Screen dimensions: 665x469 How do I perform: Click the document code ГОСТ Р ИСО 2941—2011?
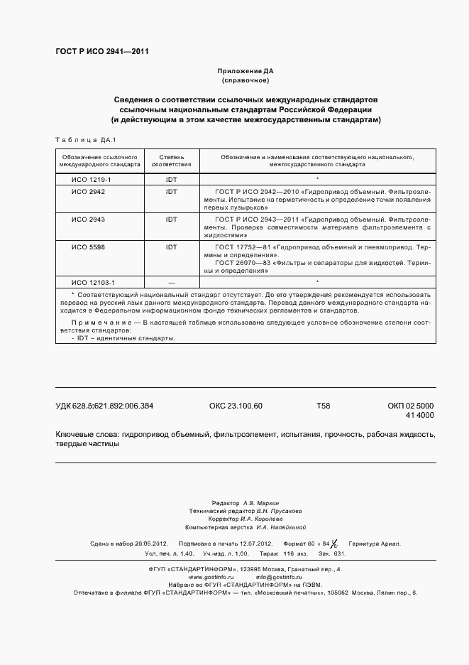click(101, 51)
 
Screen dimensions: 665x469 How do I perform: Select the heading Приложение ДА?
click(245, 71)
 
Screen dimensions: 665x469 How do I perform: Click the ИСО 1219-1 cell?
click(87, 180)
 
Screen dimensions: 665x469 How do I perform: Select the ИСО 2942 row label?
click(88, 193)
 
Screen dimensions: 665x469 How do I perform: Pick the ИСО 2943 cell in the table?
click(88, 220)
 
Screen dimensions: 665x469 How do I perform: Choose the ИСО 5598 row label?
click(88, 247)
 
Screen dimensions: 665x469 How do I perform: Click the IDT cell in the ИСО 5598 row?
click(172, 247)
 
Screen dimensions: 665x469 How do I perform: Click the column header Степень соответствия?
click(172, 159)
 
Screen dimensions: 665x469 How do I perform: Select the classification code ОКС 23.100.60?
click(236, 406)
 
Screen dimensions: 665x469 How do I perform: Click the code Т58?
click(323, 406)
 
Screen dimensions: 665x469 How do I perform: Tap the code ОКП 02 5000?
click(411, 406)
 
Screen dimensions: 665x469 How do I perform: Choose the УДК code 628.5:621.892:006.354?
click(104, 406)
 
